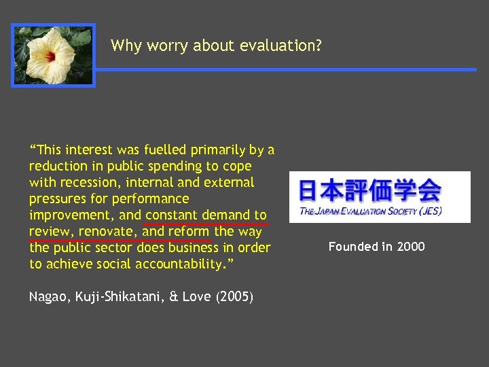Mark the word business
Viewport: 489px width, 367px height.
pyautogui.click(x=192, y=247)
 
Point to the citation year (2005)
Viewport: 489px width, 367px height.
pyautogui.click(x=235, y=296)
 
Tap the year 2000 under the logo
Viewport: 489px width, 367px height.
pyautogui.click(x=410, y=246)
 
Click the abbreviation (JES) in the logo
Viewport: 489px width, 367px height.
pyautogui.click(x=429, y=211)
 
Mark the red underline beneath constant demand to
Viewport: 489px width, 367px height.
pyautogui.click(x=206, y=224)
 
